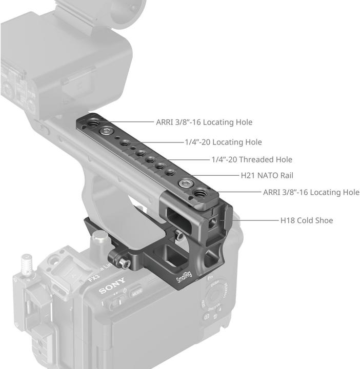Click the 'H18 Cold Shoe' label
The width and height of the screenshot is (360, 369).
(306, 220)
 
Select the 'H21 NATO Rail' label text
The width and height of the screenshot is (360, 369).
(267, 175)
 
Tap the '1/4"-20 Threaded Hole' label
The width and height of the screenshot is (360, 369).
(252, 159)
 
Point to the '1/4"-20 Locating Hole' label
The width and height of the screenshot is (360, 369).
(223, 142)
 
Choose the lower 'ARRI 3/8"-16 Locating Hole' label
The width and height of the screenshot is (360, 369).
(311, 192)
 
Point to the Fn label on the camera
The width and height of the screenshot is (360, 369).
(210, 277)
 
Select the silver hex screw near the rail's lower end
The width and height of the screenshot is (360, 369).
(183, 182)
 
